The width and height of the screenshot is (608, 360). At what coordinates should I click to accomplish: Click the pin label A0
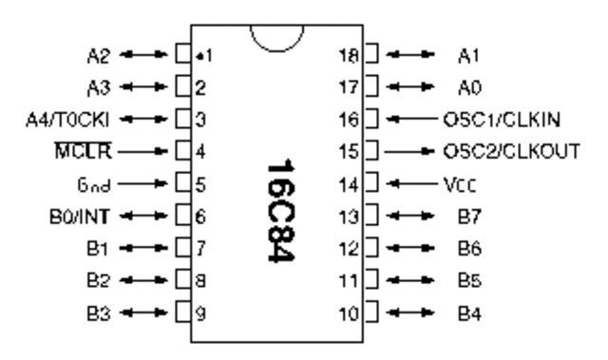[464, 86]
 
